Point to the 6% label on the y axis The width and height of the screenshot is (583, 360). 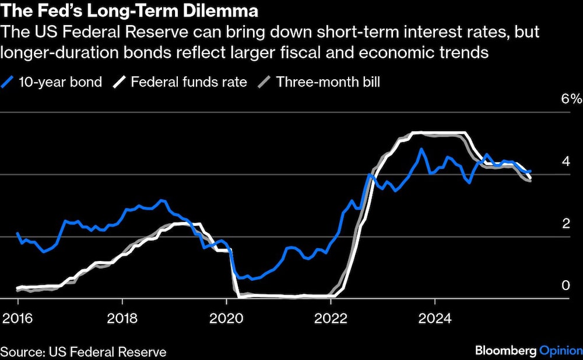point(571,98)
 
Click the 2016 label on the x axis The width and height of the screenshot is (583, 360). point(17,319)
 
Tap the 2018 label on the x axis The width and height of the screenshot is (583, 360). point(122,319)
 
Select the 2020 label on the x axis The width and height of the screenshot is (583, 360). point(226,319)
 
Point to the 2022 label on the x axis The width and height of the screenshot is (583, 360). point(331,319)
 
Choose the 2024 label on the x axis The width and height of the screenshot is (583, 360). point(435,319)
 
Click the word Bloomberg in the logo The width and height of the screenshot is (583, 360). point(504,351)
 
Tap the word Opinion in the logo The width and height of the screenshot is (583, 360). point(560,351)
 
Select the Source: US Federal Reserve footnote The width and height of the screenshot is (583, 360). point(83,352)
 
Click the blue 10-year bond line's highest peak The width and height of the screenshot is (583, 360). point(422,149)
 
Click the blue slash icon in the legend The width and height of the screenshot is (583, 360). point(8,82)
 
